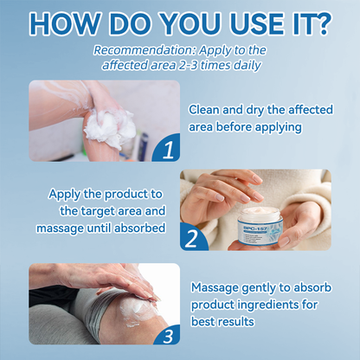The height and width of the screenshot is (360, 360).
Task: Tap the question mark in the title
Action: [x=322, y=22]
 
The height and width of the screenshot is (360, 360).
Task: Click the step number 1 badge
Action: [x=167, y=149]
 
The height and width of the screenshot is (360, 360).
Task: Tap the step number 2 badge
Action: [x=194, y=235]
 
